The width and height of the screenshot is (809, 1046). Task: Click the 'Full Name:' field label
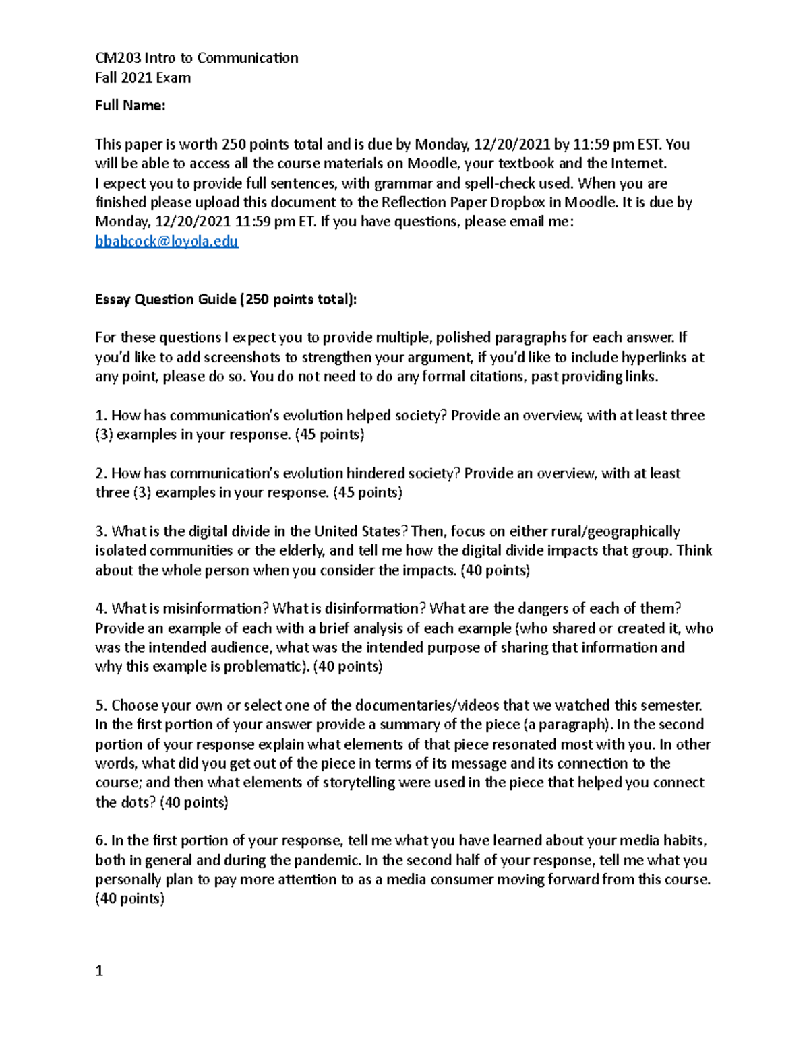(130, 105)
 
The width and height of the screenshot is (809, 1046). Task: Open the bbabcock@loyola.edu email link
(167, 241)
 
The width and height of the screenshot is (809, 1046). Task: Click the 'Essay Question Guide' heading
(165, 299)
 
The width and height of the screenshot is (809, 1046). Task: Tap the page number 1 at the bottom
(99, 971)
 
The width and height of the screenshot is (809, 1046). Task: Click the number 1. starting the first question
(101, 416)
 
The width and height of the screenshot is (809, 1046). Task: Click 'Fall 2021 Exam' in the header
(142, 77)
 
